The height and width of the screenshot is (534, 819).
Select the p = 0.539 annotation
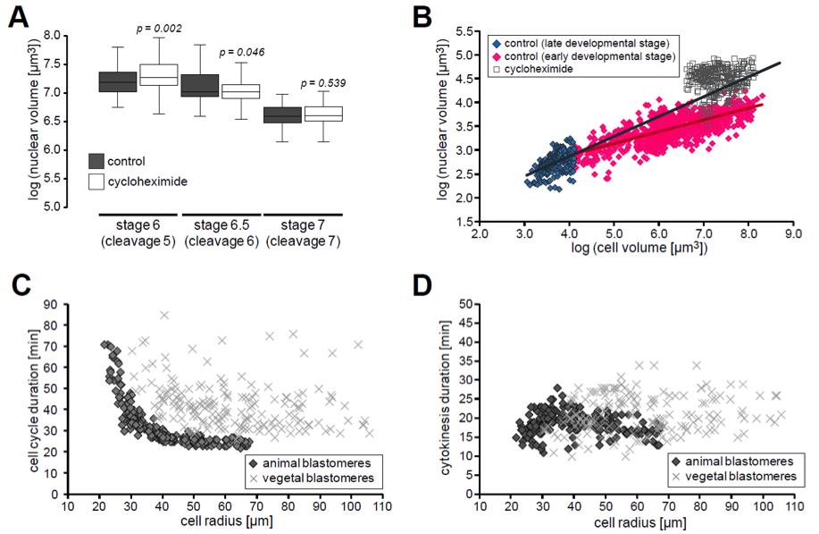(324, 83)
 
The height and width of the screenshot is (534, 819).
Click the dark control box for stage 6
(116, 81)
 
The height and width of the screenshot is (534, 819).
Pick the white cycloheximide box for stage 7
(324, 114)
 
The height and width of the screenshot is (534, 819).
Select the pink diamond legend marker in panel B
(492, 56)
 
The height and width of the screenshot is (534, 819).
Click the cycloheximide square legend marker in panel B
(492, 69)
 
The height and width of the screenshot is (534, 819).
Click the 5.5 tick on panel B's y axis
(465, 31)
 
